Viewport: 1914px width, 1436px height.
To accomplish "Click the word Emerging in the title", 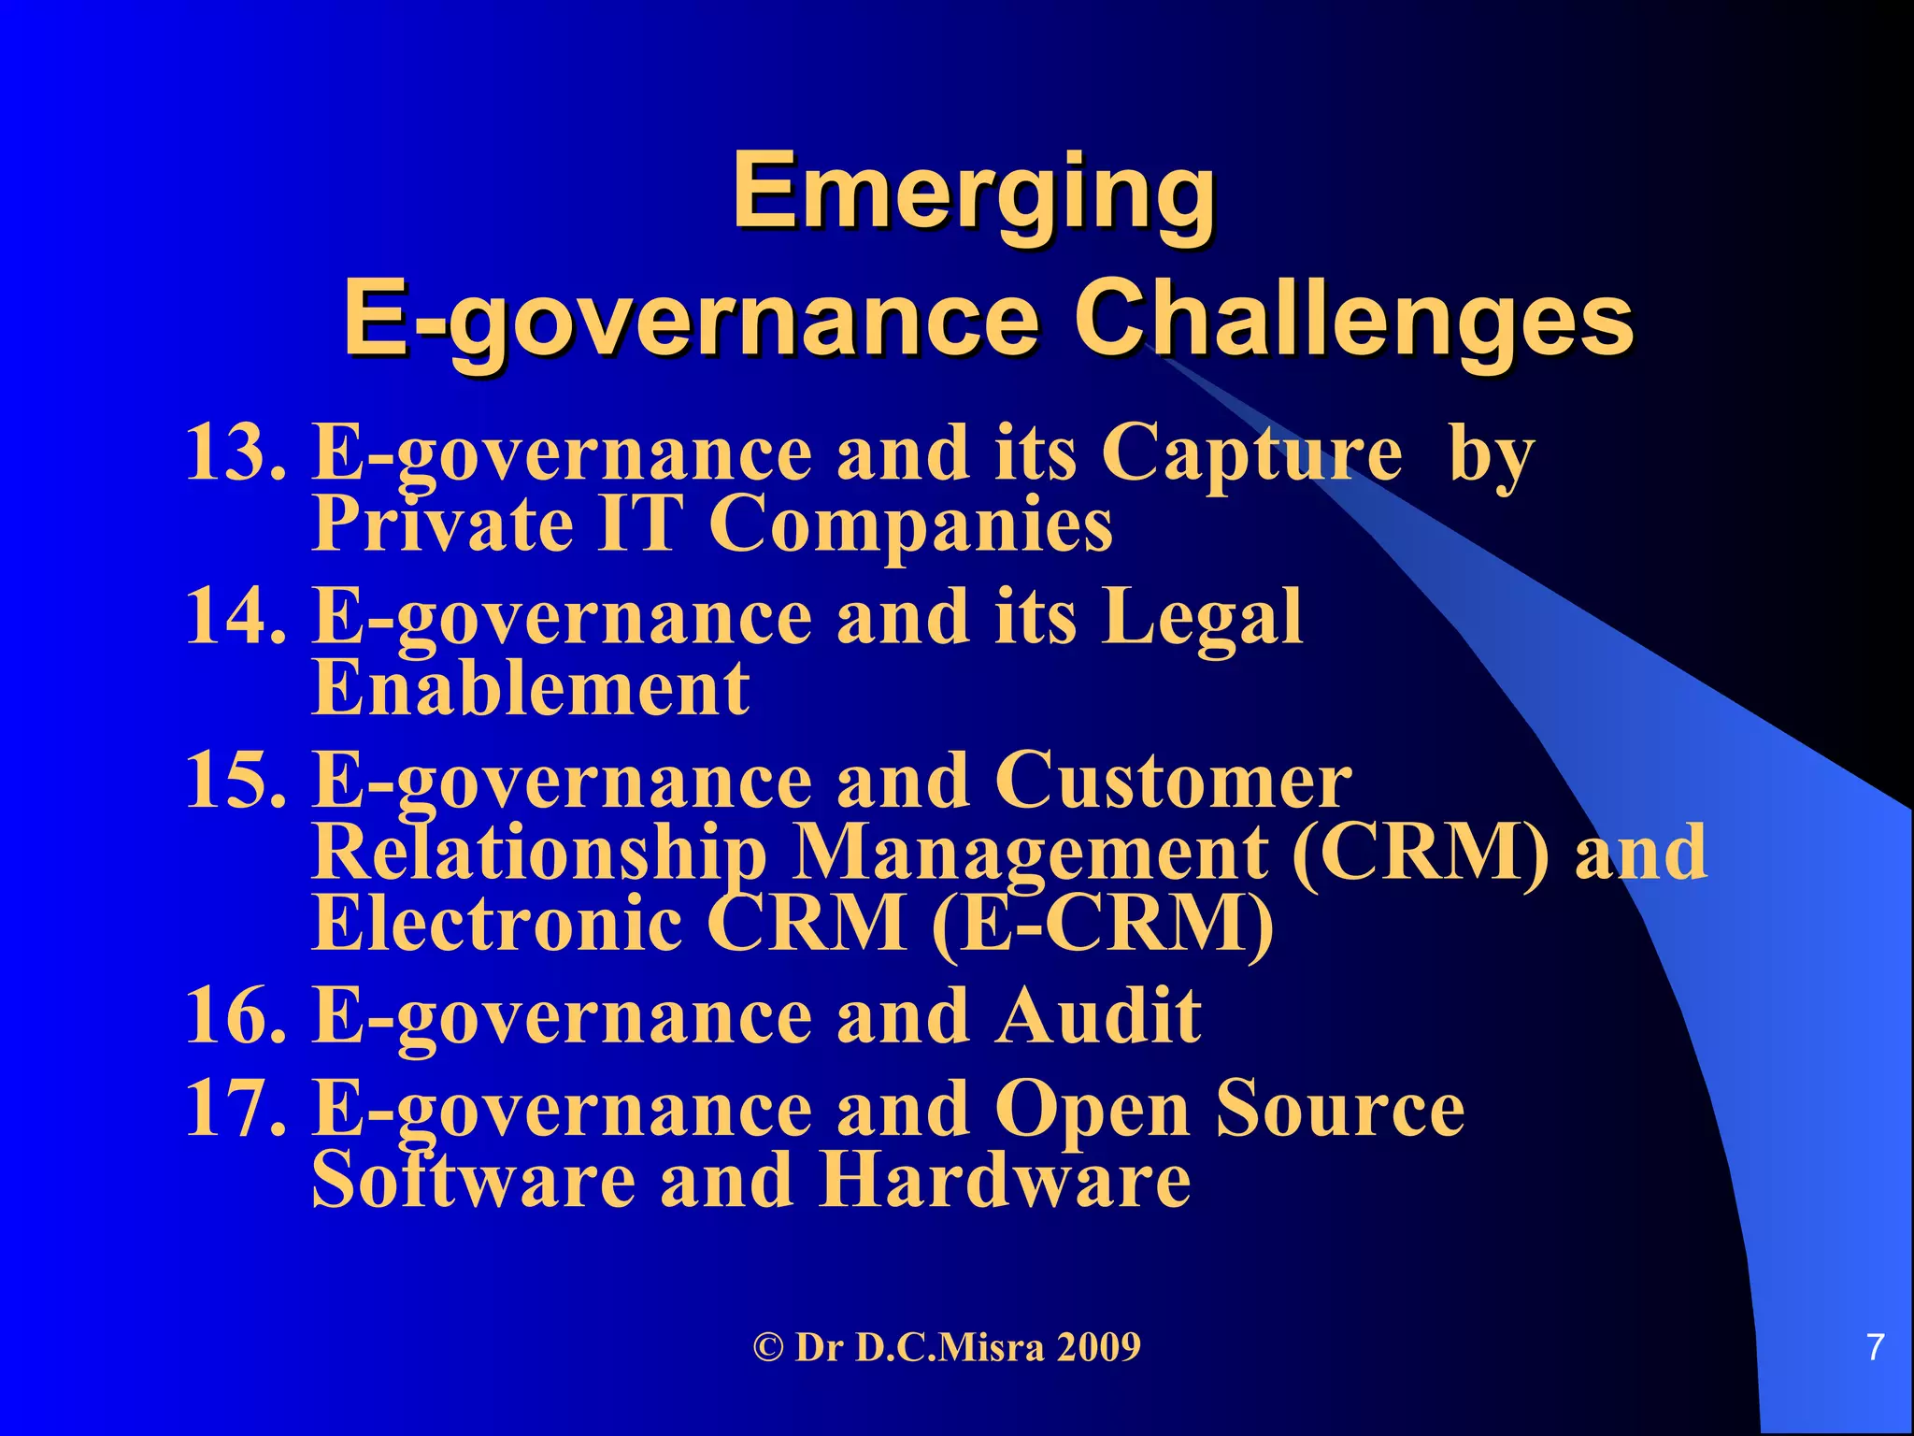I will pos(974,192).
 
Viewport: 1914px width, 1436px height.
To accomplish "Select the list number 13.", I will pos(234,452).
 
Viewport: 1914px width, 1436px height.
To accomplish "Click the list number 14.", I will pos(234,616).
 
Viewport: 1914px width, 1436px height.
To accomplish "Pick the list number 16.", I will pos(234,1015).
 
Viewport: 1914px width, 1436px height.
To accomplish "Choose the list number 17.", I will pos(234,1109).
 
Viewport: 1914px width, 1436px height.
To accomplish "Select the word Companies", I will pos(910,526).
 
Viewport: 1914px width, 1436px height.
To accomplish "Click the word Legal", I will pos(1202,618).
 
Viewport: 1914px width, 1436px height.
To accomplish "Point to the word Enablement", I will pos(530,688).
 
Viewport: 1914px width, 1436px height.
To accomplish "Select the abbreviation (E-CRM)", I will pos(1103,924).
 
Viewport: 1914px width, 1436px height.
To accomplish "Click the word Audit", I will pos(1098,1015).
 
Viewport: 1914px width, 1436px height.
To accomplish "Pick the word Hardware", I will pos(1004,1179).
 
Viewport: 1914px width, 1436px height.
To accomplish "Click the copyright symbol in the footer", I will pos(767,1348).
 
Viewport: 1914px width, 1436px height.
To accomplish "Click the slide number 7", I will pos(1875,1348).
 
